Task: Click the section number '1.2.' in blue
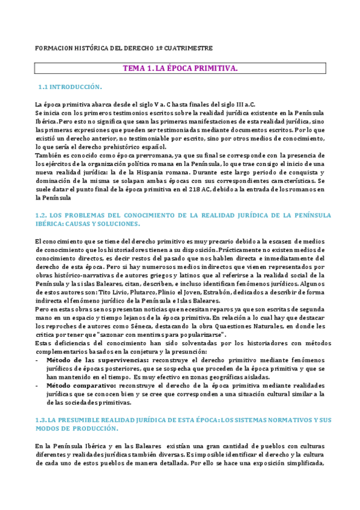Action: (42, 215)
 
